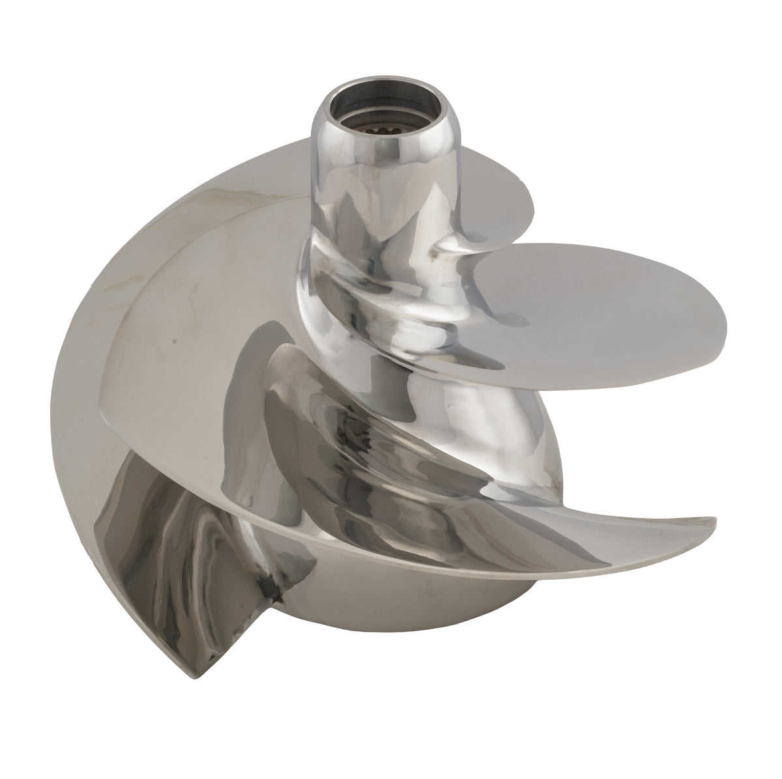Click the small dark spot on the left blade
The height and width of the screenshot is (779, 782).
click(173, 339)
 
